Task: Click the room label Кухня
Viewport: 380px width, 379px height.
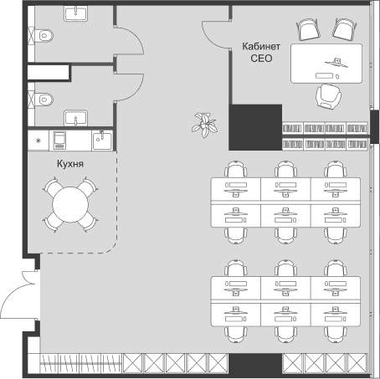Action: [70, 164]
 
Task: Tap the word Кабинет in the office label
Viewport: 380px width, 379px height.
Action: [261, 46]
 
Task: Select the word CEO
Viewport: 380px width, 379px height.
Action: [261, 59]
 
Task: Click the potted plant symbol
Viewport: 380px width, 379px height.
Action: [205, 125]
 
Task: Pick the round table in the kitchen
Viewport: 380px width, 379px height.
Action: [70, 204]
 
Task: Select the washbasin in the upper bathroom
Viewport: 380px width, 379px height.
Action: [75, 13]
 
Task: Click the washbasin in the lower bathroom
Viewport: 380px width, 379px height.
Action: [75, 118]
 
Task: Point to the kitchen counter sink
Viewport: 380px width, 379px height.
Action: [102, 141]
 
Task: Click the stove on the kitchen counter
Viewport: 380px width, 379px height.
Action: [59, 141]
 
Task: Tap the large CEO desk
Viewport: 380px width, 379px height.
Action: [326, 64]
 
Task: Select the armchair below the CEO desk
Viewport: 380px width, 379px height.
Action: [328, 96]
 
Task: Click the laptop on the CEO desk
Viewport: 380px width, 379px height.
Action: [336, 63]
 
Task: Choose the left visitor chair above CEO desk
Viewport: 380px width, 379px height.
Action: [307, 29]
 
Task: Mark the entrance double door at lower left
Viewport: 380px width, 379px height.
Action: [19, 294]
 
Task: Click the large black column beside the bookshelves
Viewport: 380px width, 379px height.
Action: [255, 127]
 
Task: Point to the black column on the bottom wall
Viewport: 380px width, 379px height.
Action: [255, 364]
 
